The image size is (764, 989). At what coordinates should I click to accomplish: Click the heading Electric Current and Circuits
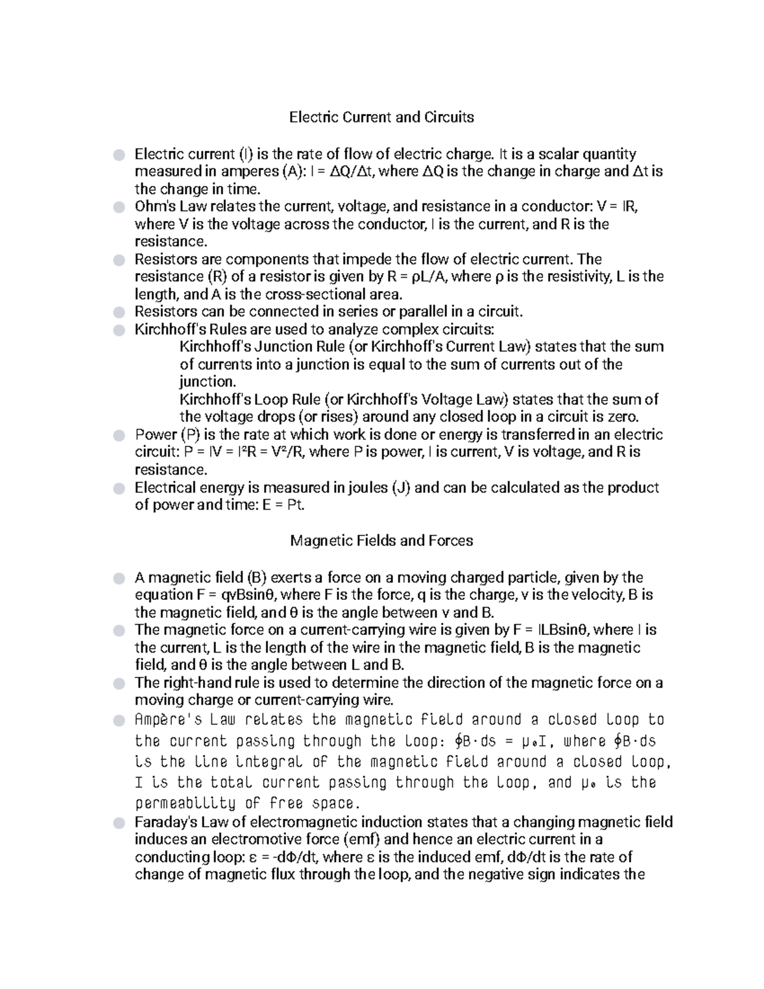tap(381, 117)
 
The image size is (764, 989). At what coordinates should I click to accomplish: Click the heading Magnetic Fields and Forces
tap(381, 541)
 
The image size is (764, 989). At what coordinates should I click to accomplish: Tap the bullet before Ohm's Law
tap(118, 207)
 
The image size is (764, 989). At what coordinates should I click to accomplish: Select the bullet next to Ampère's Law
tap(118, 721)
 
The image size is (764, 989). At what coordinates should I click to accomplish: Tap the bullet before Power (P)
tap(118, 436)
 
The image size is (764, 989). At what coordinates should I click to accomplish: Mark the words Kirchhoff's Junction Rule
tap(262, 347)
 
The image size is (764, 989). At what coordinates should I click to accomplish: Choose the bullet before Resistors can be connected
tap(118, 312)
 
